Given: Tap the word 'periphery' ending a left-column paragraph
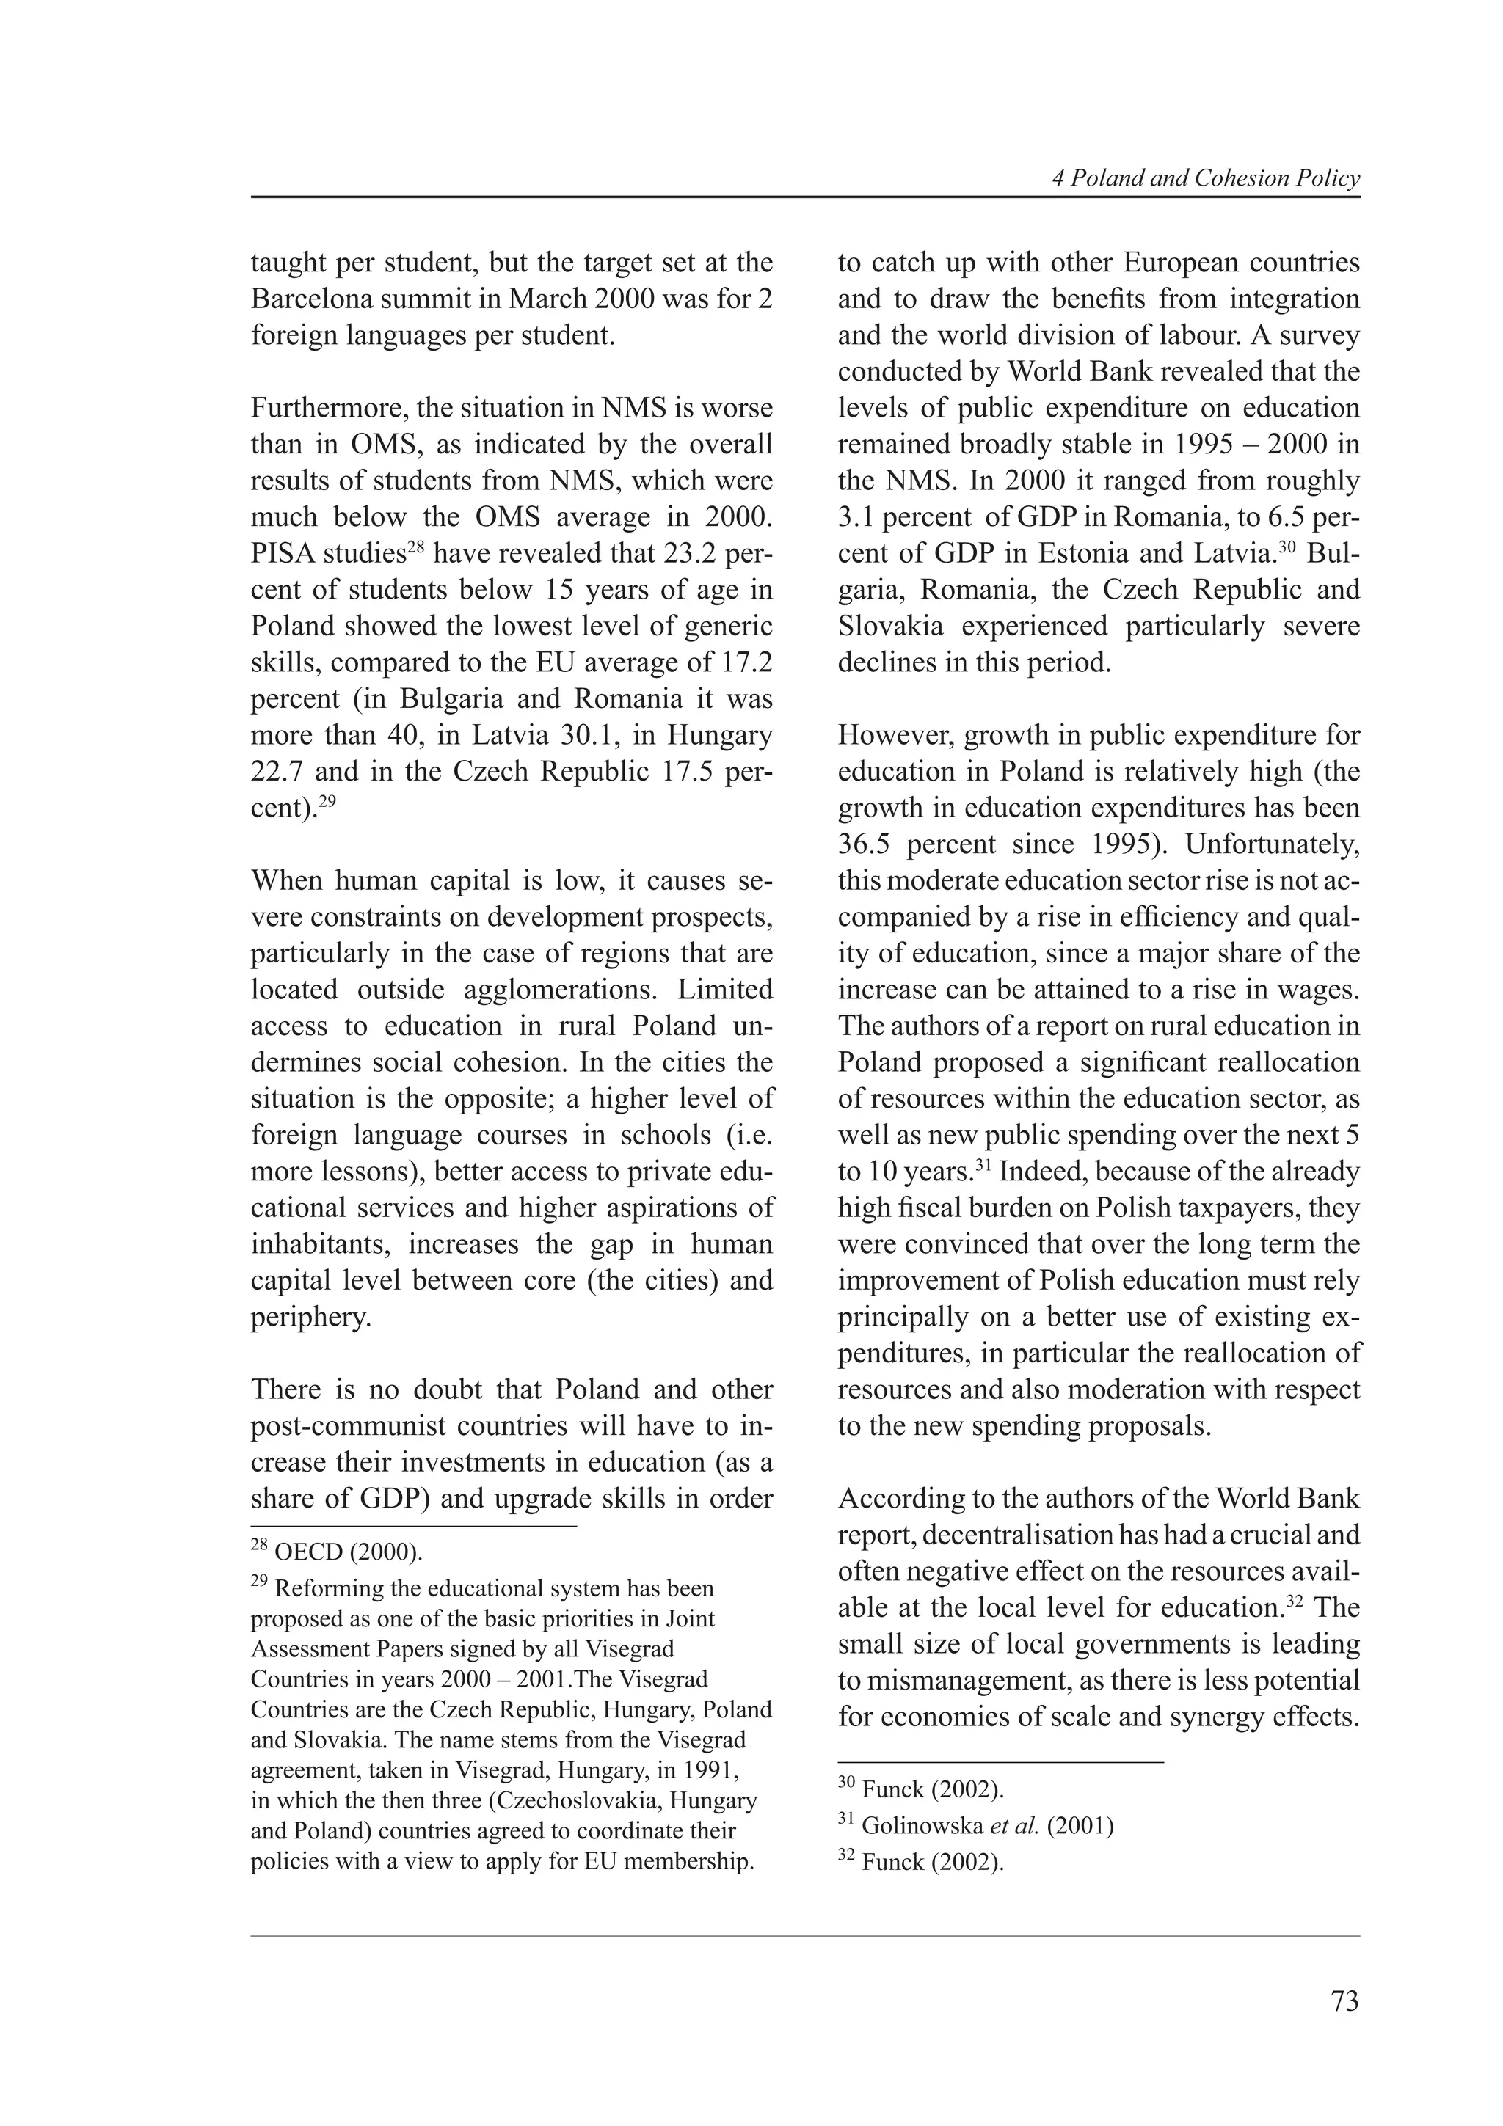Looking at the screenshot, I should click(309, 1317).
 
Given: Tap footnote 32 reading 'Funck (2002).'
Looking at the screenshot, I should click(931, 1862).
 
